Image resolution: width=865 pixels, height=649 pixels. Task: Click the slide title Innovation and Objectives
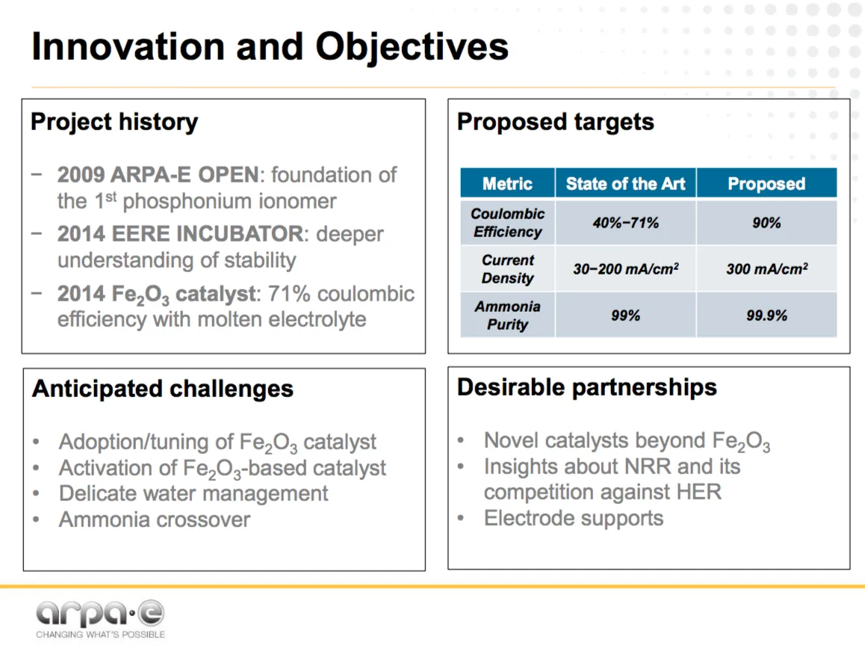coord(270,48)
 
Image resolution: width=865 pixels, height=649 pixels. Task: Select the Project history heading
coord(114,122)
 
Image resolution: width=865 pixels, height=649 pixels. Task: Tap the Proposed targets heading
coord(556,122)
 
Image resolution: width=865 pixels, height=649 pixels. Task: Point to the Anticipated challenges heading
coord(163,389)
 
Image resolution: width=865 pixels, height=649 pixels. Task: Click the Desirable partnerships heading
coord(587,388)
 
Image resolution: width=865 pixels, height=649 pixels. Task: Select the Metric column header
coord(507,183)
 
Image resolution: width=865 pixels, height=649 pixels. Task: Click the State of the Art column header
coord(625,183)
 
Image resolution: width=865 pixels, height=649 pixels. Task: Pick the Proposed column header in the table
coord(767,183)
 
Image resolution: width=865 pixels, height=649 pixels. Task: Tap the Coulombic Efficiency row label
coord(507,223)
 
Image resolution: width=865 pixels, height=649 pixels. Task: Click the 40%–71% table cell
coord(625,223)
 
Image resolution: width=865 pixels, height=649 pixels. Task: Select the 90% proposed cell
coord(767,223)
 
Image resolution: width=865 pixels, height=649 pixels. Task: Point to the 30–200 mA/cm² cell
coord(625,269)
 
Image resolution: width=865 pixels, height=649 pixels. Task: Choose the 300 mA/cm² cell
coord(767,269)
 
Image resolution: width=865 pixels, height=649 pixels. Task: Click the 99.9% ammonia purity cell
coord(767,316)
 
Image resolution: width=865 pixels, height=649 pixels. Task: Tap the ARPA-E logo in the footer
coord(100,619)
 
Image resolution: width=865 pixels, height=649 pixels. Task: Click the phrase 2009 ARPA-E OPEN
coord(158,175)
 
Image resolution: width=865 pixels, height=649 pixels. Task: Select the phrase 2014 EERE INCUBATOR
coord(180,234)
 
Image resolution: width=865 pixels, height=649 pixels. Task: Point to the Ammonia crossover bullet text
coord(155,520)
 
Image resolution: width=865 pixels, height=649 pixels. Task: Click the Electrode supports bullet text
coord(574,519)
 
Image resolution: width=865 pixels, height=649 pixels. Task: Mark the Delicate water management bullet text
coord(193,493)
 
